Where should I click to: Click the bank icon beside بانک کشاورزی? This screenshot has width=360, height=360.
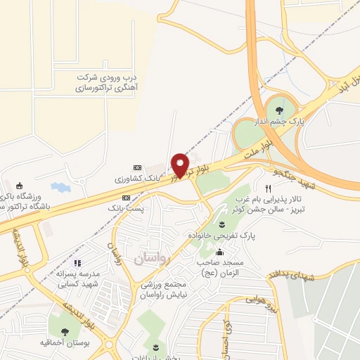(137, 167)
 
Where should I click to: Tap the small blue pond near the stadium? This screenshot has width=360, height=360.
(61, 188)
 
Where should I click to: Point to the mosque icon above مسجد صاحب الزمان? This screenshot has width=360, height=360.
(220, 253)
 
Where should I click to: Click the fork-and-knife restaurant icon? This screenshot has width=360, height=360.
(268, 188)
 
